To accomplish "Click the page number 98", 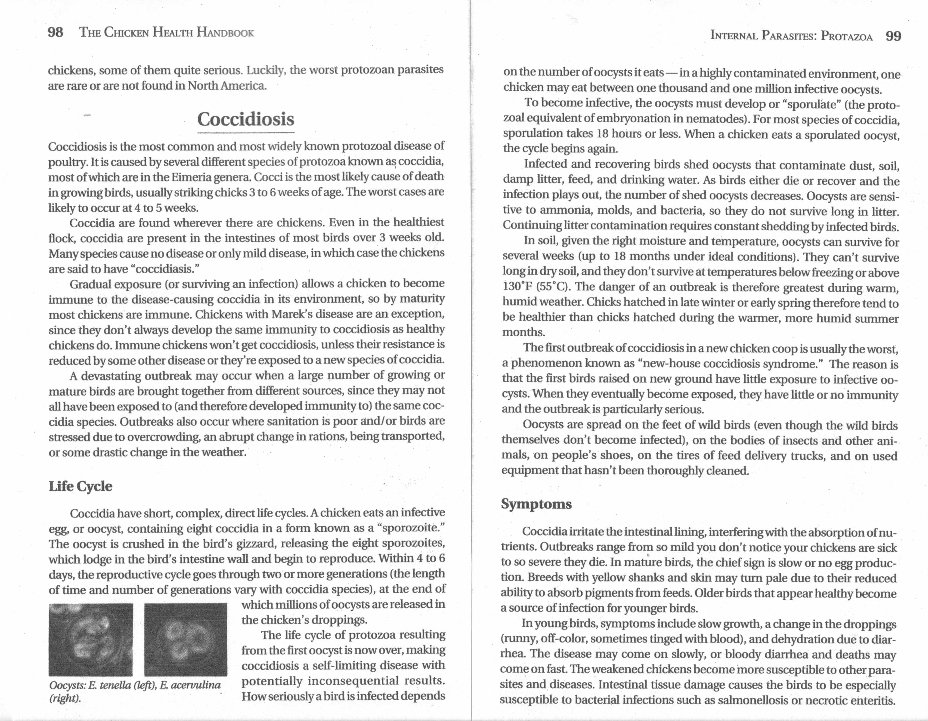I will (x=55, y=32).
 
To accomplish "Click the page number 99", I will (x=893, y=36).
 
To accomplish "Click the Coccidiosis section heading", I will (x=245, y=119).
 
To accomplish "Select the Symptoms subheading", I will (x=536, y=504).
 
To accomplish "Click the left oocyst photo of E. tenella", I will (x=90, y=639).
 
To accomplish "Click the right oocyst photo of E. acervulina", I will (x=186, y=639).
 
